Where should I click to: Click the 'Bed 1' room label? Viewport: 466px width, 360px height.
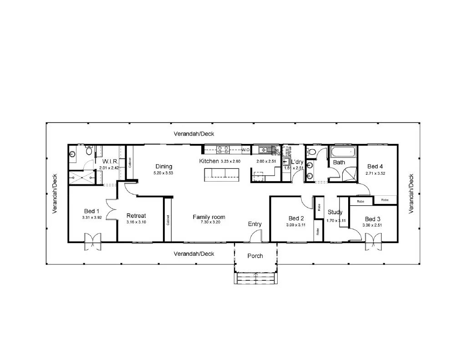tap(91, 211)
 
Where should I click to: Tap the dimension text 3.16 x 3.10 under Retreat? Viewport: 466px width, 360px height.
tap(136, 222)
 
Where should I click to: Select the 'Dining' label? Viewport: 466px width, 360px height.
tap(164, 167)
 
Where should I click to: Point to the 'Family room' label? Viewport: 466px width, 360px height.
tap(209, 217)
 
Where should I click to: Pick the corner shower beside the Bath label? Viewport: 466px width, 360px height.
tap(350, 174)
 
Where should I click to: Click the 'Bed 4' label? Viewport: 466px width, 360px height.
tap(375, 167)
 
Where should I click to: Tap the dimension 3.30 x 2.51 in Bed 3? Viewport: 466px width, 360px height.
tap(373, 225)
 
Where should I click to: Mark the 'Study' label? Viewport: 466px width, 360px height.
tap(335, 212)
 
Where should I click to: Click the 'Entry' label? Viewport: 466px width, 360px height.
tap(255, 224)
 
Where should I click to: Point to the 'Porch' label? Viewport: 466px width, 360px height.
tap(255, 256)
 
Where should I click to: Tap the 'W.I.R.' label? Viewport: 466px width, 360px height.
tap(111, 162)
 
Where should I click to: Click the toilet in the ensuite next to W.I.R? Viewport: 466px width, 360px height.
tap(89, 150)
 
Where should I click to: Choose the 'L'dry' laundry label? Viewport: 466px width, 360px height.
tap(297, 162)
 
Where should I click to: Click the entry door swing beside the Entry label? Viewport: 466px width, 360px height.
tap(256, 236)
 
